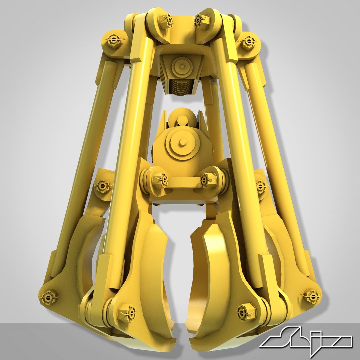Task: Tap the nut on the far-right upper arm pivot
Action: [248, 42]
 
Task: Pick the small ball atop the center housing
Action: [182, 120]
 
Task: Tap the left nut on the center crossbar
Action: [161, 180]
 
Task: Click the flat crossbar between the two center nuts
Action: [183, 182]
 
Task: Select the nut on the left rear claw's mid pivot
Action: [101, 186]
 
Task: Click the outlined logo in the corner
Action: [306, 340]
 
